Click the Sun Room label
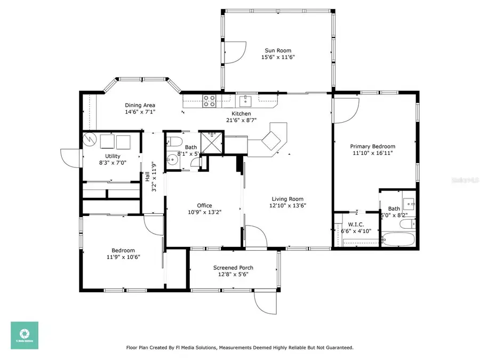(x=277, y=51)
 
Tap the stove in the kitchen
(x=209, y=101)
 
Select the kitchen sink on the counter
(x=245, y=100)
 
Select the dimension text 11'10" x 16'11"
(x=372, y=154)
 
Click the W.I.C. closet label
(x=356, y=224)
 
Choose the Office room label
(x=204, y=205)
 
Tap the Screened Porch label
(x=233, y=268)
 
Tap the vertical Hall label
(x=147, y=176)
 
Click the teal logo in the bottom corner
(x=25, y=335)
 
